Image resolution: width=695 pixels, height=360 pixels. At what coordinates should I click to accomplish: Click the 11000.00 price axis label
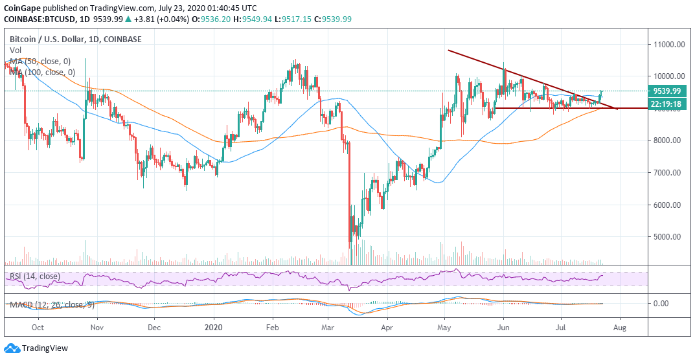[669, 45]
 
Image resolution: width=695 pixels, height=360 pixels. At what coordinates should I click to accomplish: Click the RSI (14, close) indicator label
[36, 276]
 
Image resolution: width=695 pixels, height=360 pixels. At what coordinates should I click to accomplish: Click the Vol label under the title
[15, 50]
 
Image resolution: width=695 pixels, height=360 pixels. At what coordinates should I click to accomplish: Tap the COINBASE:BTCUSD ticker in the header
[36, 19]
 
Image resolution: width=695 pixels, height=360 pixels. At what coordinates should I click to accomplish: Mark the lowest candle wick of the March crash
[349, 263]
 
